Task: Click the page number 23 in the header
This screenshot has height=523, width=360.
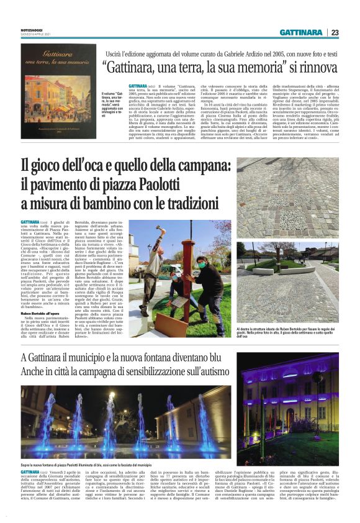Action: click(335, 32)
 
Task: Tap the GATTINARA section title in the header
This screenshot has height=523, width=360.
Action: click(300, 32)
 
